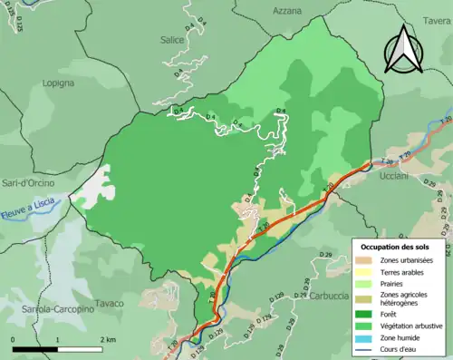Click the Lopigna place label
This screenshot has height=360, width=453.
(x=58, y=83)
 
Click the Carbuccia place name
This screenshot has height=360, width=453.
(x=329, y=296)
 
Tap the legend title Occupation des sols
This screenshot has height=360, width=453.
(x=400, y=247)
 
